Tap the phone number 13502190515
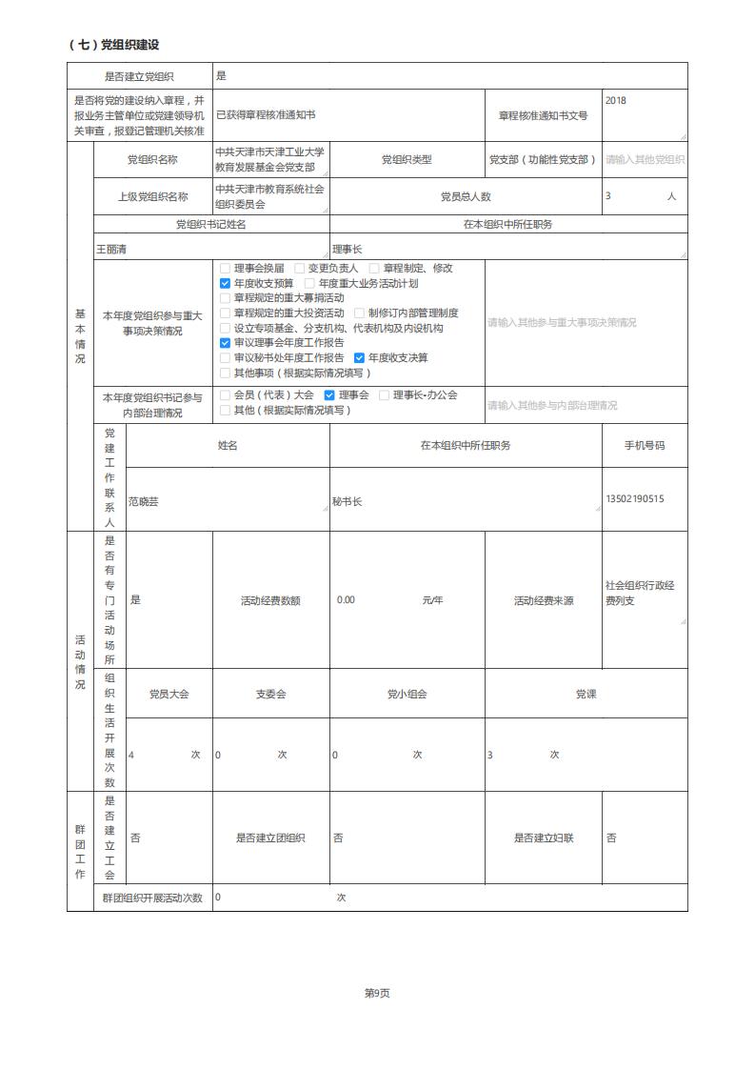click(x=634, y=499)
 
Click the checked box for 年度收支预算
click(x=226, y=283)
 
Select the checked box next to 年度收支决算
click(x=360, y=357)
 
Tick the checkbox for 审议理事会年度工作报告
click(x=226, y=342)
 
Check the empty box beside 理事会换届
click(x=226, y=269)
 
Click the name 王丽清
click(x=111, y=249)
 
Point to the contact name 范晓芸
click(x=144, y=500)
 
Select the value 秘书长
click(x=348, y=500)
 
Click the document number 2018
click(x=616, y=100)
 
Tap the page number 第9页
click(x=377, y=993)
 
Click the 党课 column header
click(x=586, y=694)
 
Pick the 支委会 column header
click(x=270, y=694)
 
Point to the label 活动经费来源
click(x=544, y=600)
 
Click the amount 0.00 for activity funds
click(x=346, y=600)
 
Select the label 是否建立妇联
click(x=544, y=838)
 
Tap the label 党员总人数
click(x=466, y=196)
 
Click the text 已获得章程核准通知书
click(x=266, y=114)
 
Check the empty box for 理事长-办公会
click(x=385, y=394)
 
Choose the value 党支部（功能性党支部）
click(x=543, y=160)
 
